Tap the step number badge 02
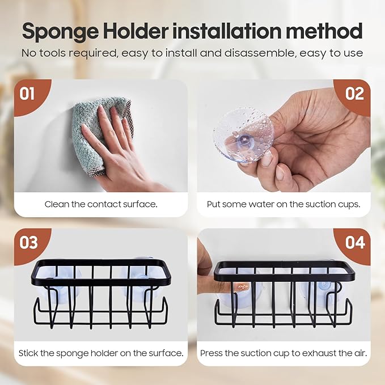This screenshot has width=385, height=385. (x=354, y=93)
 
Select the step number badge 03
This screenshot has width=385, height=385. (x=28, y=242)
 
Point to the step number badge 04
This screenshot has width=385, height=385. (x=354, y=242)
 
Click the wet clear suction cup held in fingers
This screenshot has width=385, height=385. (x=243, y=136)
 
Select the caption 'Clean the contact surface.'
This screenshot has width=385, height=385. (x=100, y=204)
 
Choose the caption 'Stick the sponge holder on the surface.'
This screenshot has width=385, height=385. (x=100, y=353)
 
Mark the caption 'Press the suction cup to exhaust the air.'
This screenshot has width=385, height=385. (x=283, y=353)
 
